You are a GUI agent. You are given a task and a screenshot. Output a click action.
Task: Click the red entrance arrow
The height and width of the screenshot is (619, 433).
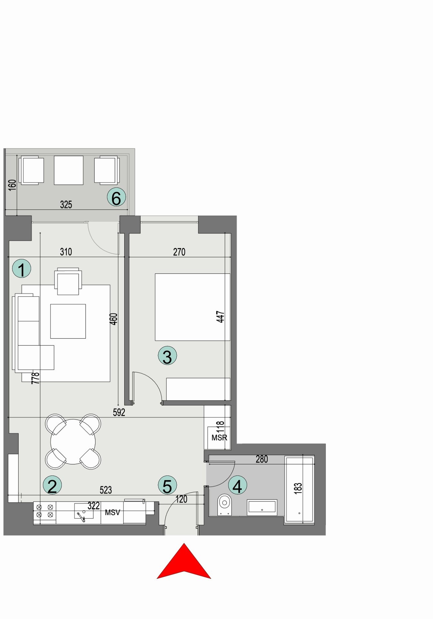[x=184, y=563]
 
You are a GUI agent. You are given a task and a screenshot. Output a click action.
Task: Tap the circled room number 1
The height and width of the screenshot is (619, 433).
[x=21, y=269]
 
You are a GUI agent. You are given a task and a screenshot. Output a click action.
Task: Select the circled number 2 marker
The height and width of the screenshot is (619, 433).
[x=52, y=485]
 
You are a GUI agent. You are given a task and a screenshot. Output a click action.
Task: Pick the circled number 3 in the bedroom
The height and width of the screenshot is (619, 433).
[x=167, y=356]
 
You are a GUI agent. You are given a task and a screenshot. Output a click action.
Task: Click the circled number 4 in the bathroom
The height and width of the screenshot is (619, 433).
[x=237, y=485]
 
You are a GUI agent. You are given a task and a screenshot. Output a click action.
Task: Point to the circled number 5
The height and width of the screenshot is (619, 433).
[x=167, y=485]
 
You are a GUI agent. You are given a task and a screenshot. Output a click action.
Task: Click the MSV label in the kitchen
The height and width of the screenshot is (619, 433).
[x=112, y=512]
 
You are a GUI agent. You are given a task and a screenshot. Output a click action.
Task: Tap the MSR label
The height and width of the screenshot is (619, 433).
[x=219, y=438]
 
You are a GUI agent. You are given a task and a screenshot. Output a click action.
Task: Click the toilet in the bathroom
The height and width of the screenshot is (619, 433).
[x=225, y=504]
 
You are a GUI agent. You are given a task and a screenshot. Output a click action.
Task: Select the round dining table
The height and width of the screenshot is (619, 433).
[x=73, y=441]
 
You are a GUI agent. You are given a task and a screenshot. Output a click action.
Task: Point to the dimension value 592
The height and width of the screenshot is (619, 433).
[x=119, y=412]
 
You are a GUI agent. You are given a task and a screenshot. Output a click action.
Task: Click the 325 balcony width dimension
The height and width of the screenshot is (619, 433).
[x=66, y=205]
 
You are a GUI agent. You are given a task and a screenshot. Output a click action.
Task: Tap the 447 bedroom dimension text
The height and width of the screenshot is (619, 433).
[x=220, y=317]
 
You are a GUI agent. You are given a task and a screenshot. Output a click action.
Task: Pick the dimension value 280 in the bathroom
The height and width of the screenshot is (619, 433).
[x=262, y=459]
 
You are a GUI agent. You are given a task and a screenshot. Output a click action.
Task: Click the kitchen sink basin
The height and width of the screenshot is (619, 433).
[x=84, y=511]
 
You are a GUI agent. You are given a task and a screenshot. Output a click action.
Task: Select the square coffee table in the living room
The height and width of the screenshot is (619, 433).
[x=68, y=321]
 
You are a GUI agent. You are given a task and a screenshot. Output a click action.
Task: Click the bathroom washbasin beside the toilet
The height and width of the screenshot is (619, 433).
[x=262, y=507]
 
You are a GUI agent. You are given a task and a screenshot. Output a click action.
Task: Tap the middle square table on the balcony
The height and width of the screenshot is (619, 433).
[x=69, y=170]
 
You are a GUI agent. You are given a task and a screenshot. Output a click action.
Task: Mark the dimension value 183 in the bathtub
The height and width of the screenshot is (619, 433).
[x=298, y=488]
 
